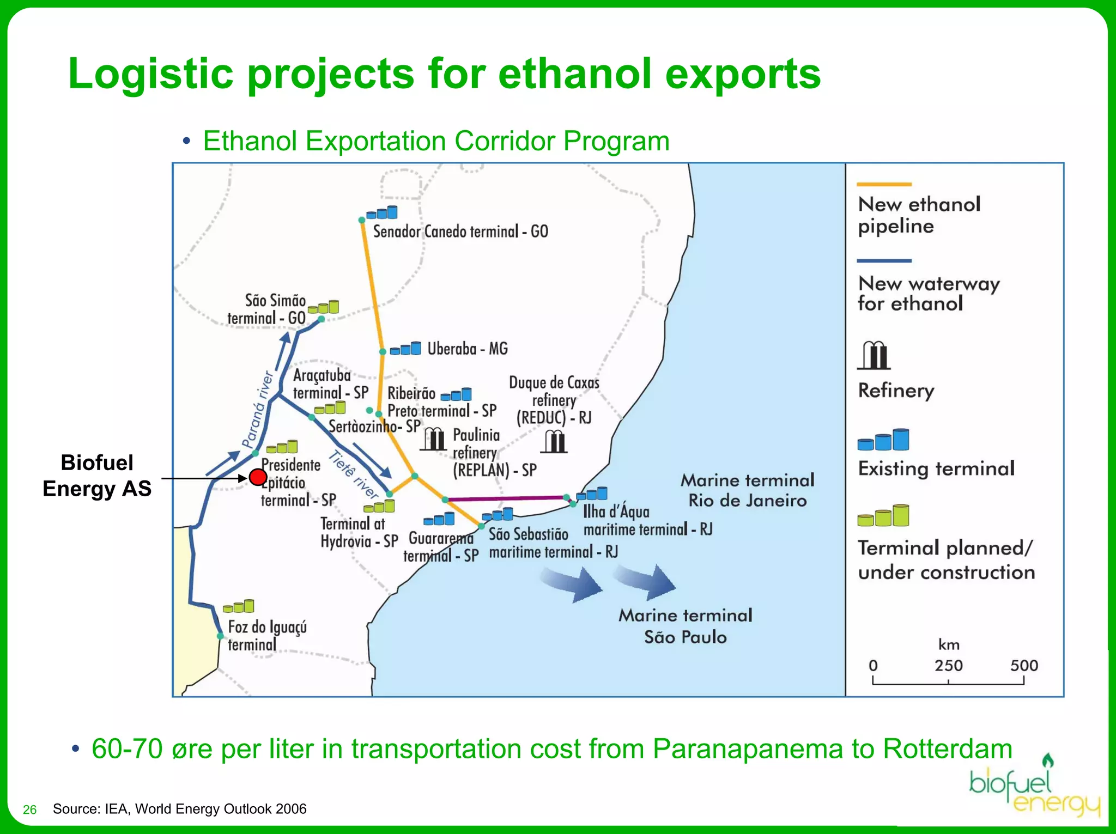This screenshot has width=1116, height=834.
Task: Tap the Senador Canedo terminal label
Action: [460, 232]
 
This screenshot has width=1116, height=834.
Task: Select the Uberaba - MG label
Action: [467, 349]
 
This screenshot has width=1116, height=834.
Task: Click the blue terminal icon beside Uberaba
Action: [406, 349]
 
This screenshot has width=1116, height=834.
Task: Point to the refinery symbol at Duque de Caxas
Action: [554, 442]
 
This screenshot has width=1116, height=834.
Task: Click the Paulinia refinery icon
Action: [433, 439]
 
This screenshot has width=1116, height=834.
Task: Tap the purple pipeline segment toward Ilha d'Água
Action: [504, 498]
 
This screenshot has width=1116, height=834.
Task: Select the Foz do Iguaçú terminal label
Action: [266, 635]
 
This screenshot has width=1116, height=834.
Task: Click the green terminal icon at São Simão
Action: [324, 308]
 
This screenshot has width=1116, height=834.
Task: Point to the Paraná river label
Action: [257, 410]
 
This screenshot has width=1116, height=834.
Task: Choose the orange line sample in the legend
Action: [884, 185]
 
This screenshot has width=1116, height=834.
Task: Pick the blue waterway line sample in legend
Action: [884, 261]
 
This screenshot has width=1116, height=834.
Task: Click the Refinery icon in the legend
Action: [874, 355]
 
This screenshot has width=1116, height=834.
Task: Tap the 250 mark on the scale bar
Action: [948, 666]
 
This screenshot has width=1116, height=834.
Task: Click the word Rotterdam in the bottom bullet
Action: [947, 748]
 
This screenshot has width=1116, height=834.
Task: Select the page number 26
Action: [29, 810]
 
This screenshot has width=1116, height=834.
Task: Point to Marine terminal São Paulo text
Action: [685, 626]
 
